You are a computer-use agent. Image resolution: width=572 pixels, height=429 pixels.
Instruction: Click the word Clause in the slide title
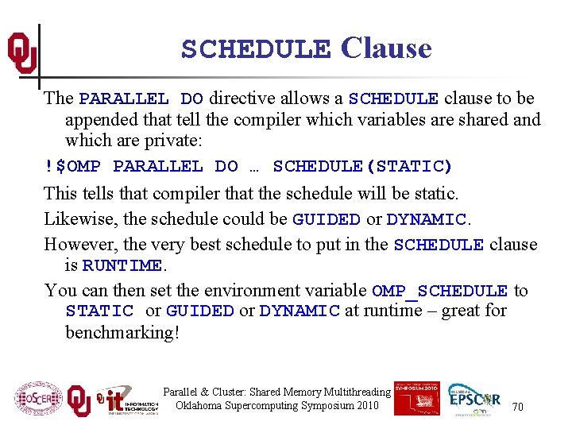pyautogui.click(x=386, y=48)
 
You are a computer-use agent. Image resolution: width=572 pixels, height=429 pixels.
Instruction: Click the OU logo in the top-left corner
pyautogui.click(x=21, y=54)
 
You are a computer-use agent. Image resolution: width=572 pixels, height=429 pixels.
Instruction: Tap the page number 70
pyautogui.click(x=517, y=407)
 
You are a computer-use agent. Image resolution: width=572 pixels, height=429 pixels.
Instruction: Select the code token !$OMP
pyautogui.click(x=72, y=167)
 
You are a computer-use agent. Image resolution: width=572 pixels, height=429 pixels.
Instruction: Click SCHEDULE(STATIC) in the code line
pyautogui.click(x=362, y=167)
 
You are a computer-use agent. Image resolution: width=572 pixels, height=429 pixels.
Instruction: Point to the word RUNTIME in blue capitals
pyautogui.click(x=122, y=265)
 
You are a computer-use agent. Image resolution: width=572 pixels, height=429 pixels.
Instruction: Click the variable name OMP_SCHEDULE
pyautogui.click(x=439, y=291)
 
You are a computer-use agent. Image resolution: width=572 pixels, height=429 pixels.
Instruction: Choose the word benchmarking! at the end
pyautogui.click(x=122, y=332)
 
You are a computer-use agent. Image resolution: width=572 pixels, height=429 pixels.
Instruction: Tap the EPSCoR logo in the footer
pyautogui.click(x=474, y=399)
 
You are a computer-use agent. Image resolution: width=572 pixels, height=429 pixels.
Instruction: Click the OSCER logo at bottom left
pyautogui.click(x=38, y=400)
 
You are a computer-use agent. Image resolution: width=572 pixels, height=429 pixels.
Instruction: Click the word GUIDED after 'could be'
pyautogui.click(x=327, y=219)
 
